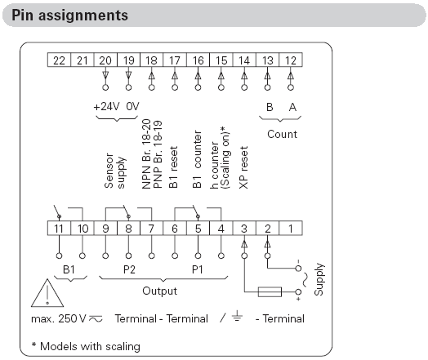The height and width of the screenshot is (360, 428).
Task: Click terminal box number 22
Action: [59, 60]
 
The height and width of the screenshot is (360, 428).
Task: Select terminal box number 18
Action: [151, 60]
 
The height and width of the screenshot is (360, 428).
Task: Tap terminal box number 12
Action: [291, 60]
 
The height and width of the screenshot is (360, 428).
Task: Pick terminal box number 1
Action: [291, 229]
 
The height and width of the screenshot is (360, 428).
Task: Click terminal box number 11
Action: [59, 229]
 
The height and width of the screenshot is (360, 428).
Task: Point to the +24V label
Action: [106, 106]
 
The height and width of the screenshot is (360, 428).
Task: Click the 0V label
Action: [132, 106]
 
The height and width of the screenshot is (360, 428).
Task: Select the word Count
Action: [282, 134]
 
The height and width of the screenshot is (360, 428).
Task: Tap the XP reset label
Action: [243, 167]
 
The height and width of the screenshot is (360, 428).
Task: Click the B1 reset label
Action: [173, 167]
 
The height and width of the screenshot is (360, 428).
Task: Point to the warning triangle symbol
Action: [47, 293]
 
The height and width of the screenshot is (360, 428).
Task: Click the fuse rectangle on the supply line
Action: [270, 291]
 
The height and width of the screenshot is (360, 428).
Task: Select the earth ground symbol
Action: [237, 316]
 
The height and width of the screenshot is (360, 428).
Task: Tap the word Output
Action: [159, 291]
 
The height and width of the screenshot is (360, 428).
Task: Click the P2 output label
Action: [129, 269]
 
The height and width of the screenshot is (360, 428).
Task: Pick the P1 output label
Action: [198, 269]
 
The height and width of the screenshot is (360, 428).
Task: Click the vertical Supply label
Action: [319, 279]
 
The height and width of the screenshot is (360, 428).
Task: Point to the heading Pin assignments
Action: [70, 16]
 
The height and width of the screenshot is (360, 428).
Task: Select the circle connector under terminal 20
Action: [105, 87]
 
